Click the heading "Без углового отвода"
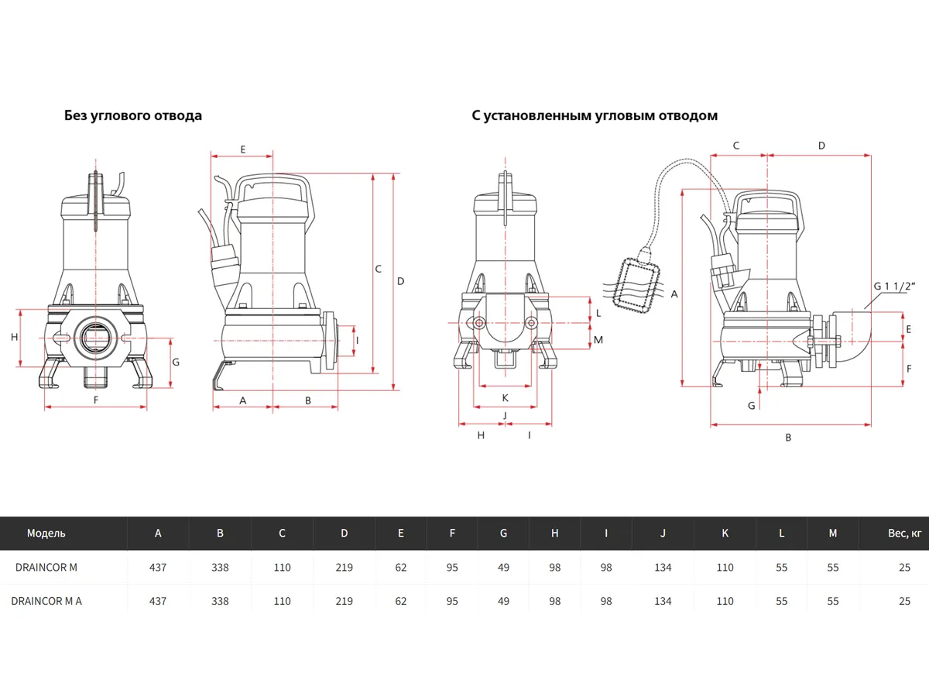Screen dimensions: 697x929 point(132,115)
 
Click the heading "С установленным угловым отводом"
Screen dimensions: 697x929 point(595,115)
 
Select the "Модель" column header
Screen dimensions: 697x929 point(46,533)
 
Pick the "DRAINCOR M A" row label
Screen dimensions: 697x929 point(46,601)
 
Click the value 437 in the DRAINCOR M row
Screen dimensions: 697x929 point(158,567)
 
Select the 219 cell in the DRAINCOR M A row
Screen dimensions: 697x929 point(344,601)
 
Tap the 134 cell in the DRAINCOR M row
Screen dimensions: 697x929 point(663,567)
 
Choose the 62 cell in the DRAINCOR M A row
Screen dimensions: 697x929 point(400,601)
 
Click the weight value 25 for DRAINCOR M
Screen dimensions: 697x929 point(905,567)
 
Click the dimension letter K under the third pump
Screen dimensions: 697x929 point(505,398)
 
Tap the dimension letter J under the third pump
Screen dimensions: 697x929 point(505,416)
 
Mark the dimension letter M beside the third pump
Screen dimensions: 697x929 point(598,339)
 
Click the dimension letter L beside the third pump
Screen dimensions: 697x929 point(598,314)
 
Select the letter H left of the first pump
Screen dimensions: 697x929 point(14,337)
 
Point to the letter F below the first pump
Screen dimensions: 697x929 point(96,400)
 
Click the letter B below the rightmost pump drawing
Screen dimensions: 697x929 point(788,438)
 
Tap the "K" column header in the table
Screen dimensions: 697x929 point(725,533)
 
